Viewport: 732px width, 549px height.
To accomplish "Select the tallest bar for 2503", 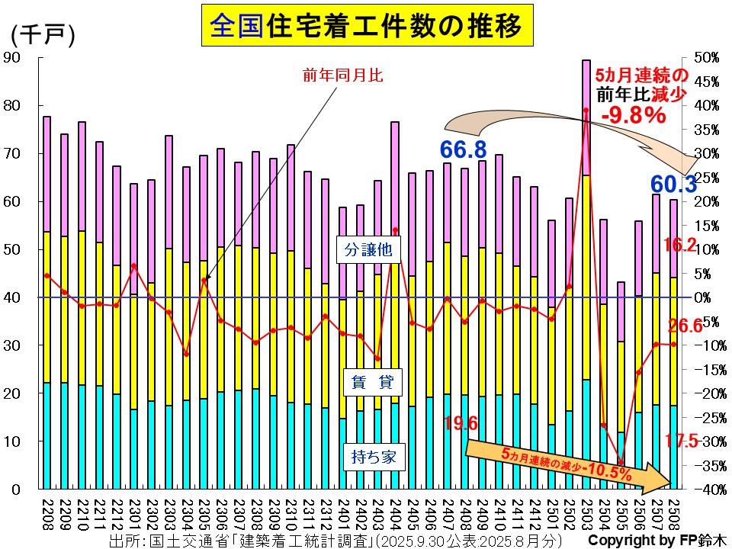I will point(586,274).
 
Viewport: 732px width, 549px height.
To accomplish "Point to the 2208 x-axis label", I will point(47,512).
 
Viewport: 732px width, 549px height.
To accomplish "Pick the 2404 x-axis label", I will point(395,512).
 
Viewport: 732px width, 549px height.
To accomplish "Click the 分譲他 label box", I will point(360,249).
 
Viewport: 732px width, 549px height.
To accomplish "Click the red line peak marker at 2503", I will point(586,110).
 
